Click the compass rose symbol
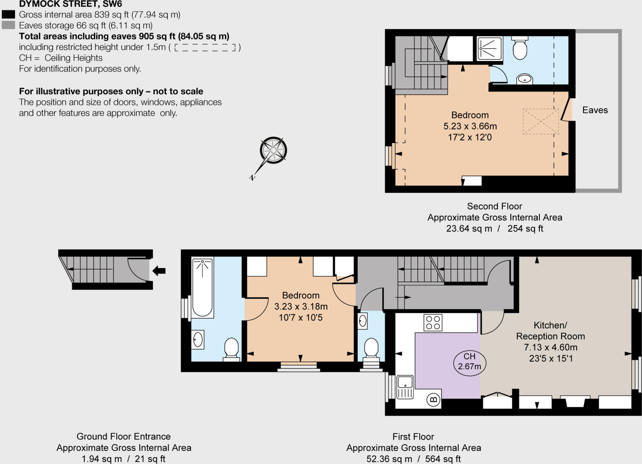coord(273,150)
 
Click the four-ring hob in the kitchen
coord(433,323)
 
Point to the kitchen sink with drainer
coord(405,387)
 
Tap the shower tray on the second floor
coord(489,49)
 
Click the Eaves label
coord(595,110)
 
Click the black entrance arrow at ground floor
coord(159,271)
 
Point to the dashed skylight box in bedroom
coord(540,121)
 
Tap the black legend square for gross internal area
coord(8,14)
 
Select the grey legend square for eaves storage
coord(8,25)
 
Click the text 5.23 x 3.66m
coord(470,126)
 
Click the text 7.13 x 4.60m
coord(550,347)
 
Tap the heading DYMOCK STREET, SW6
coord(71,4)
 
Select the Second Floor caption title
coord(494,206)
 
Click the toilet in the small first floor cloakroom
coord(371,348)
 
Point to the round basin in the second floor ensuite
coord(524,79)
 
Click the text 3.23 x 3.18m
coord(301,306)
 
